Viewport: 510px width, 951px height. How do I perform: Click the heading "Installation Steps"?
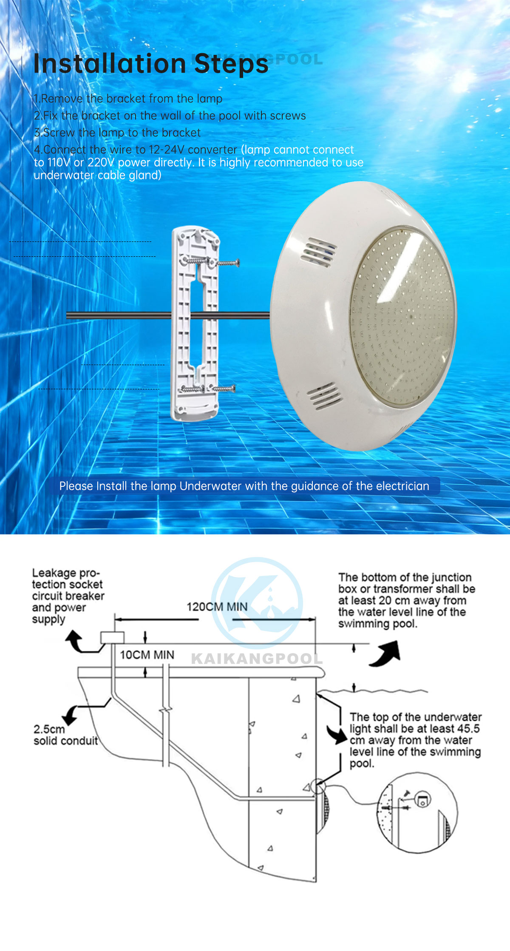(151, 64)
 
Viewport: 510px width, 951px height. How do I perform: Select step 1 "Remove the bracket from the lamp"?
(128, 99)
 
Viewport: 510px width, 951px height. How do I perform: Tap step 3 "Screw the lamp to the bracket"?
(117, 133)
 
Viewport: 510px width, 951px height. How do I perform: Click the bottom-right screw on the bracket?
(224, 388)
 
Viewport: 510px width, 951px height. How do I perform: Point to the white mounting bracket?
(195, 323)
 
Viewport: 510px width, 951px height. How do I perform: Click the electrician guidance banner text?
(244, 486)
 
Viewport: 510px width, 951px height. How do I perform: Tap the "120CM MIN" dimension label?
(217, 607)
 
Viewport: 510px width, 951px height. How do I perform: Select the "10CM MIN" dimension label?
(147, 655)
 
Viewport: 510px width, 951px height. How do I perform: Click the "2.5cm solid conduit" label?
(65, 735)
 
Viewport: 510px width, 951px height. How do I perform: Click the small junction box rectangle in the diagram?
(112, 638)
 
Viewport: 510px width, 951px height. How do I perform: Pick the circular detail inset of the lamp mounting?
(417, 813)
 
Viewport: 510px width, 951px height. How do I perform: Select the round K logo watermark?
(257, 603)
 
